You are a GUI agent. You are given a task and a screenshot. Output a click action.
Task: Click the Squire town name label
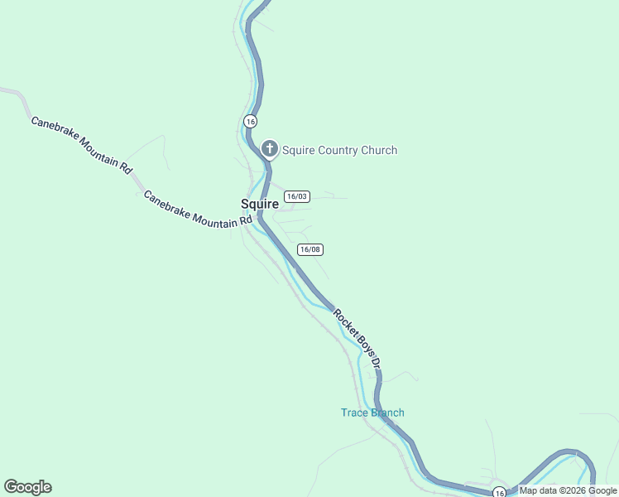click(x=259, y=204)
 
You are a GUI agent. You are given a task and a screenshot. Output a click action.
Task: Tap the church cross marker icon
click(x=269, y=150)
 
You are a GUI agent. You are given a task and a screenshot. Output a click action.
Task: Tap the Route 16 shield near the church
click(x=250, y=121)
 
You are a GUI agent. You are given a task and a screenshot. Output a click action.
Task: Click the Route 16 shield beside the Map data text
click(x=499, y=492)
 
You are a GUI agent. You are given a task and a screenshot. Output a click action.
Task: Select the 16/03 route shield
click(x=296, y=196)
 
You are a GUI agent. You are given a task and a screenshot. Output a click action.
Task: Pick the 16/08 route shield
click(x=310, y=249)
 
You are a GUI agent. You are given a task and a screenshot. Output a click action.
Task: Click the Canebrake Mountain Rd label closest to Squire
click(x=197, y=210)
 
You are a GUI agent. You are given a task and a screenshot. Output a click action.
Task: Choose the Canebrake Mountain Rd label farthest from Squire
click(x=81, y=144)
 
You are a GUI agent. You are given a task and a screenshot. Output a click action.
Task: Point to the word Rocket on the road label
click(x=345, y=322)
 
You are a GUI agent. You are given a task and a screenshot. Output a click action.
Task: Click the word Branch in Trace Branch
click(x=387, y=413)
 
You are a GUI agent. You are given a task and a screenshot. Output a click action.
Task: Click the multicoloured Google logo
click(x=27, y=487)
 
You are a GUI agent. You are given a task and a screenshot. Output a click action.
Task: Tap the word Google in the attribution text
click(x=602, y=490)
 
